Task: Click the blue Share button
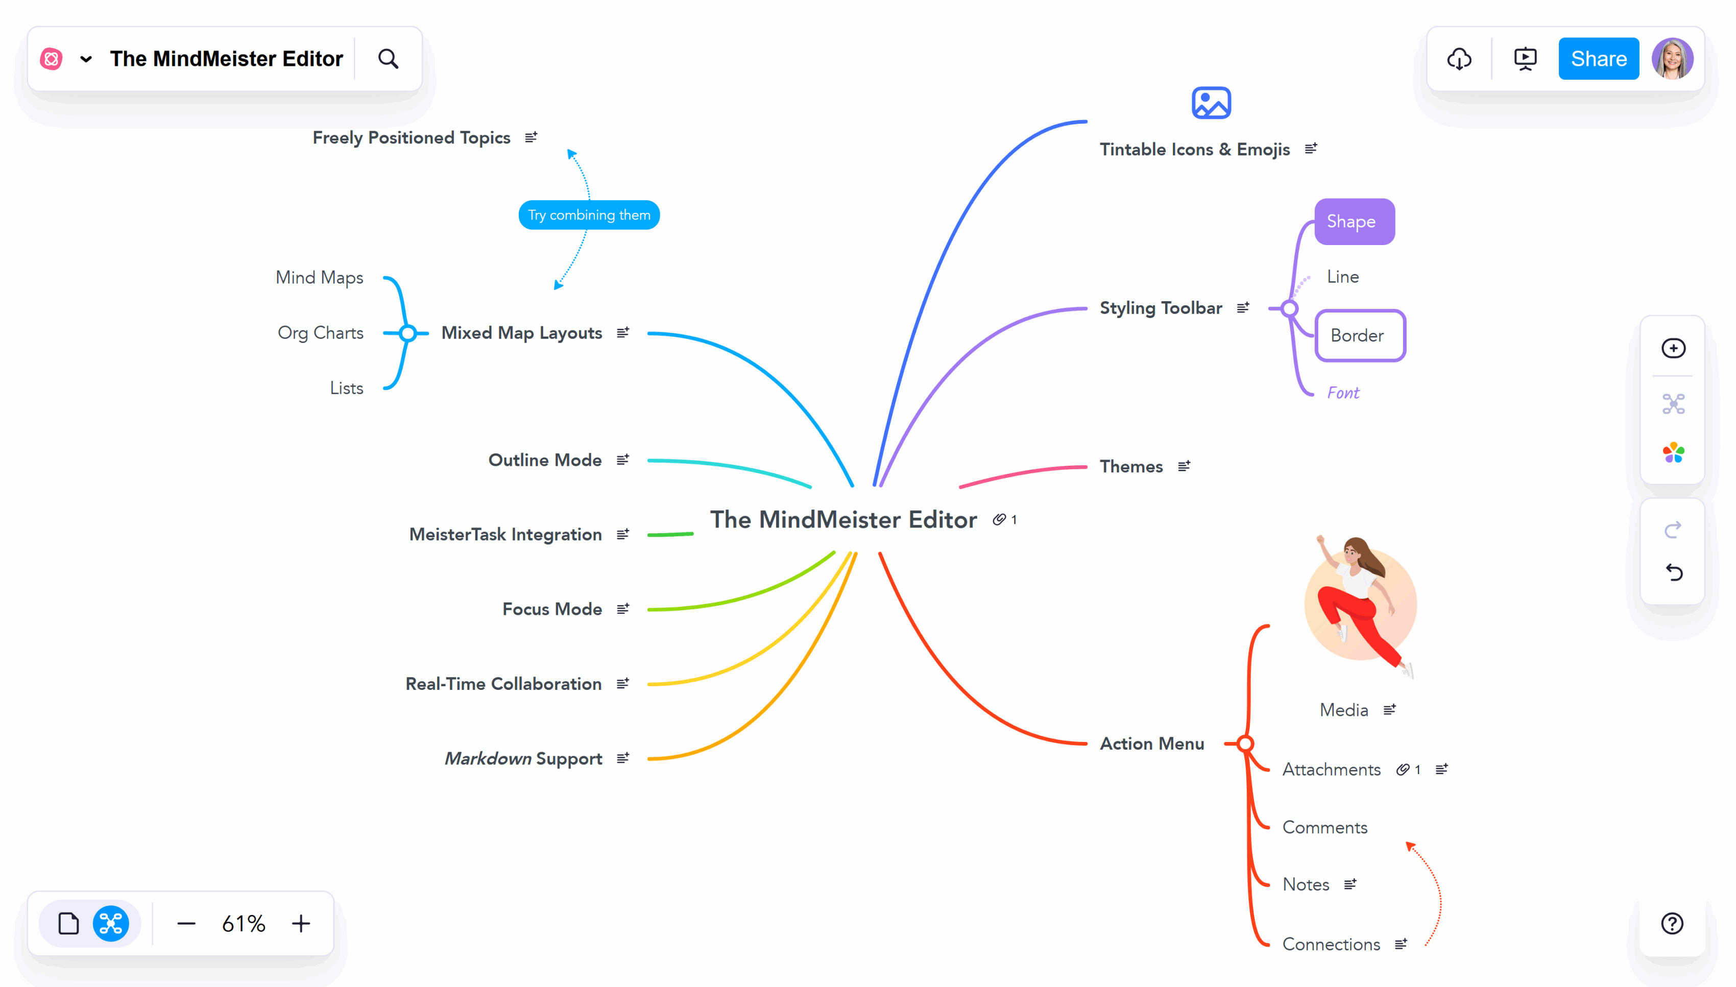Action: [x=1598, y=59]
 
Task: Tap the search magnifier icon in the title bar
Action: [x=388, y=59]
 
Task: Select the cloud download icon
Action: [x=1459, y=59]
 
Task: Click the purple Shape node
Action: [x=1354, y=222]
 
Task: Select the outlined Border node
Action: [x=1359, y=335]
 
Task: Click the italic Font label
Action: [x=1342, y=393]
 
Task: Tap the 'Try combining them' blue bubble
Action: [x=588, y=215]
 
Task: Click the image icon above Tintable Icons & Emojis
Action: [x=1211, y=103]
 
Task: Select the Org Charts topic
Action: [x=320, y=333]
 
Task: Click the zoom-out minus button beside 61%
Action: [x=186, y=923]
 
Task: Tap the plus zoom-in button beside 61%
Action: [x=301, y=923]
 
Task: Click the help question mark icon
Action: [x=1672, y=923]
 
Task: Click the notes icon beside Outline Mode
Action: [x=622, y=460]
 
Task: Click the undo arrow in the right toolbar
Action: [x=1673, y=573]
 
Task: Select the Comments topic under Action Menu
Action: [x=1324, y=828]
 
